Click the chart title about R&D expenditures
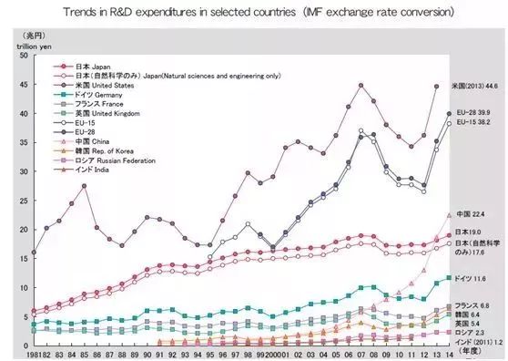pos(254,13)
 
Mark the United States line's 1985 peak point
pos(85,186)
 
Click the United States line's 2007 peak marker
pos(361,86)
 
